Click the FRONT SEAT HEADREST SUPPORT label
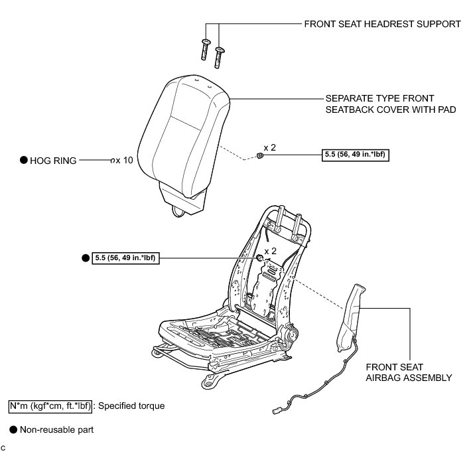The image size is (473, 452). [382, 24]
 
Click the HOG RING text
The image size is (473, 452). [54, 160]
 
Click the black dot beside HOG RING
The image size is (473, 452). [23, 160]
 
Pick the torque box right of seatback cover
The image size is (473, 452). [355, 155]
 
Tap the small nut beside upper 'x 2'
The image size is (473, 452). [260, 155]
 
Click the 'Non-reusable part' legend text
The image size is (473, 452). [57, 429]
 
